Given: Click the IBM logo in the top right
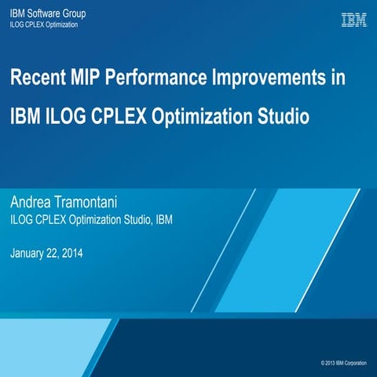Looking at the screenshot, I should coord(354,20).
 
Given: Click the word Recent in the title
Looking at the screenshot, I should coord(38,79).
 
